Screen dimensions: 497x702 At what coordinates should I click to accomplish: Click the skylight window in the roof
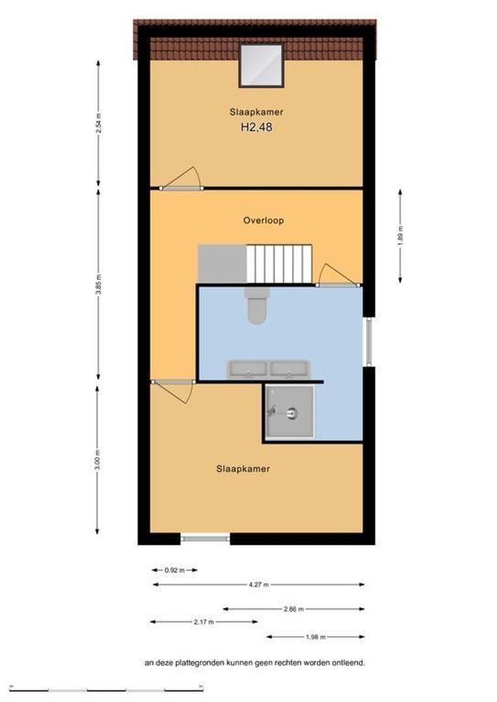coord(261,66)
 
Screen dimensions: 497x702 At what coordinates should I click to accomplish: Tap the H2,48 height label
coord(256,127)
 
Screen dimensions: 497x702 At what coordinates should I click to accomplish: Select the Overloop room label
coord(263,220)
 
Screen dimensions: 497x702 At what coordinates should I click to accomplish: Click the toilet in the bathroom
coord(256,305)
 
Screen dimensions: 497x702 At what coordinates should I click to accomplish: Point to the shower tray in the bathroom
coord(289,411)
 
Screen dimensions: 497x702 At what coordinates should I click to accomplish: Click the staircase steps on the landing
coord(279,264)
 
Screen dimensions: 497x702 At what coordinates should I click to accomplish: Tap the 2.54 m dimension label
coord(99,123)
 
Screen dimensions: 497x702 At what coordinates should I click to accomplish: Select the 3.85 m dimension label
coord(99,283)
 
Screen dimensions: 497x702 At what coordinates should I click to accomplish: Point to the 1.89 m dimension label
coord(400,235)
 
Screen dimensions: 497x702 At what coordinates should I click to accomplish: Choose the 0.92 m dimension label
coord(174,571)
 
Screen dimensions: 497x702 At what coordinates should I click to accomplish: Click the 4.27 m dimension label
coord(259,584)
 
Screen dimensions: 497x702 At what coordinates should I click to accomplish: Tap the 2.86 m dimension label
coord(293,609)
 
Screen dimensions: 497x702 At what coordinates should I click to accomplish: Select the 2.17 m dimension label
coord(204,622)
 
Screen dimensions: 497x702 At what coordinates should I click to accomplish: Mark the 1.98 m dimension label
coord(315,636)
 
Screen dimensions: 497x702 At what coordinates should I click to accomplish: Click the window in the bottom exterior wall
coord(206,538)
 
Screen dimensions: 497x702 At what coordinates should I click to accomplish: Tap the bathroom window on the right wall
coord(369,342)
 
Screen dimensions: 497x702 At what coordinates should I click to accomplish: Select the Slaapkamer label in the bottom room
coord(243,469)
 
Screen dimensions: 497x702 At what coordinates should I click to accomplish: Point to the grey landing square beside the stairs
coord(222,264)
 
